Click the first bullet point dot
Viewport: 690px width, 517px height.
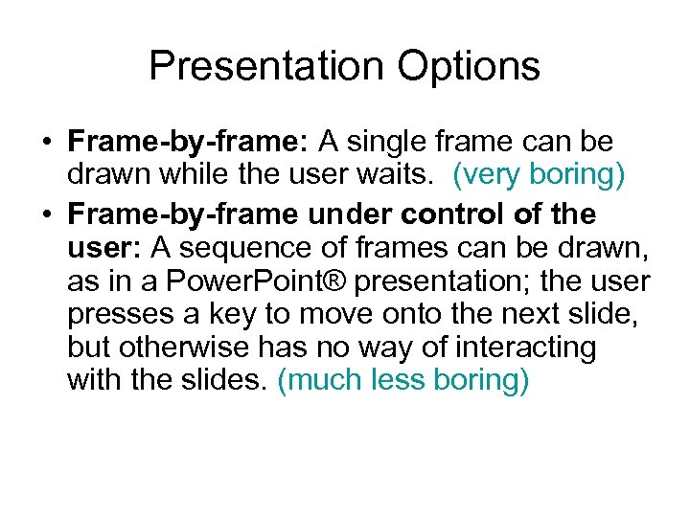click(x=47, y=144)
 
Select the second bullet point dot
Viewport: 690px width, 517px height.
click(x=47, y=214)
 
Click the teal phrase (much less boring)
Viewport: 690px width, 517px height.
click(x=402, y=380)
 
